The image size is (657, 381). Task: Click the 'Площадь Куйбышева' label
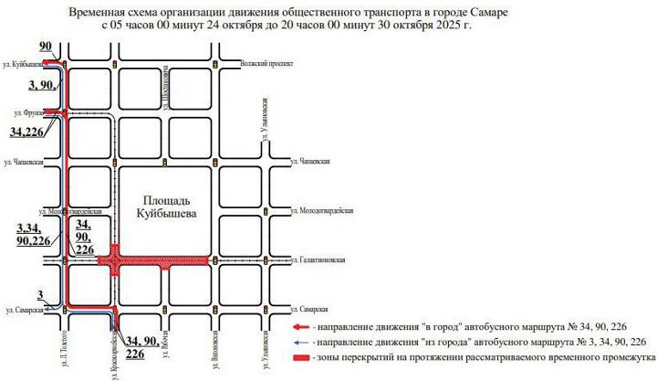[165, 206]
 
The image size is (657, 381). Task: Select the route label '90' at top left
[47, 46]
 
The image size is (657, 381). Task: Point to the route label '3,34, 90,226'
[33, 234]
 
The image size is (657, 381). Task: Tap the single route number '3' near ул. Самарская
[40, 294]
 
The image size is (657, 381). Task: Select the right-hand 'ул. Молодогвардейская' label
[325, 210]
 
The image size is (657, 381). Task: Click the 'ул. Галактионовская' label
[325, 260]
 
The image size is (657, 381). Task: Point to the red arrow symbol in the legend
[302, 326]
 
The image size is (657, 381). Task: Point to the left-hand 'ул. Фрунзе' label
[28, 112]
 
